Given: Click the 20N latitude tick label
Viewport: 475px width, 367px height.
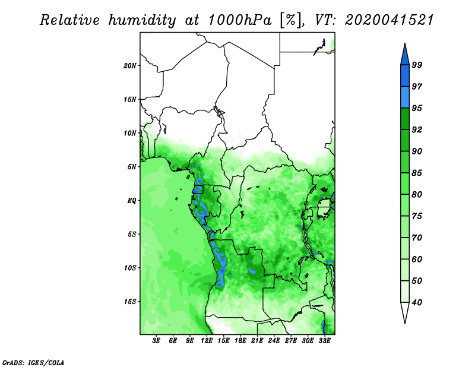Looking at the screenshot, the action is coord(129,66).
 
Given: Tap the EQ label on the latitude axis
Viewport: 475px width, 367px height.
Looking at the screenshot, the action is coord(132,201).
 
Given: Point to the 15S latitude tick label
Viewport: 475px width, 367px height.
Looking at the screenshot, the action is coord(129,302).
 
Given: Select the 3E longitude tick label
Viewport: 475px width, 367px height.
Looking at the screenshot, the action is coord(156,341).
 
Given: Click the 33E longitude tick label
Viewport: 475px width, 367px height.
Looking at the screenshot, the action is coord(324,341).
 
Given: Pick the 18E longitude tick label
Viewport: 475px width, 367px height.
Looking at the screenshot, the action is coord(240,341).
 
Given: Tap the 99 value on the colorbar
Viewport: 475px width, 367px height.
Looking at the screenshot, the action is coord(417,65).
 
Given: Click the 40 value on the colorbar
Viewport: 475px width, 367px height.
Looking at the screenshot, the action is coord(417,302).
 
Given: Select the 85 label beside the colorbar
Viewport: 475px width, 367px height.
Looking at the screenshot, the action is coord(417,173).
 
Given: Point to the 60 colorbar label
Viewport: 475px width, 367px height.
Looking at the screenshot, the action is coord(417,260).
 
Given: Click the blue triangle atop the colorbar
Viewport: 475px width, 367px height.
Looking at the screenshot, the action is coord(405,55).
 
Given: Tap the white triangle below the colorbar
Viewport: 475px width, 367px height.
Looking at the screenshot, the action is coord(405,313).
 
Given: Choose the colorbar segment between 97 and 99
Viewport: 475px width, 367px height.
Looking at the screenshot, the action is coord(405,76).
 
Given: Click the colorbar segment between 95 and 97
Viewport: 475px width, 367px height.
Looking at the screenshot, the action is coord(405,97).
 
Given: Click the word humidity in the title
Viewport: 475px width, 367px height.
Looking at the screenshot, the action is coord(142,20).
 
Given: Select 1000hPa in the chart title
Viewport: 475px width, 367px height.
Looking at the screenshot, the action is coord(240,20).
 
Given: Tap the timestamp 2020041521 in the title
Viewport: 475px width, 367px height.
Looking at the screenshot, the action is coord(389,20).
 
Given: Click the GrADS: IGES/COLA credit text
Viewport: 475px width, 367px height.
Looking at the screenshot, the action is coord(33,362).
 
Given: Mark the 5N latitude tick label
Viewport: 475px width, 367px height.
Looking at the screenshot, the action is coord(132,167).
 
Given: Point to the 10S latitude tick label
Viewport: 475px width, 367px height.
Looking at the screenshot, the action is coord(129,268).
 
